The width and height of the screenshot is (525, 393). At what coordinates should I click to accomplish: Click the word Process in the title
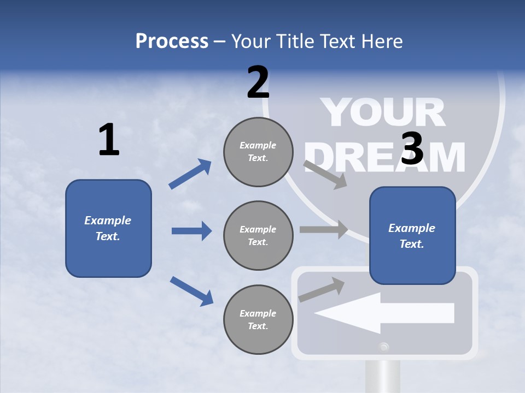(x=172, y=41)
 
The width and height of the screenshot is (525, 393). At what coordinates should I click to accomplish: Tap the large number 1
(x=109, y=140)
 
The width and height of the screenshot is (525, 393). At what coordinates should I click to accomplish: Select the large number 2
(x=258, y=82)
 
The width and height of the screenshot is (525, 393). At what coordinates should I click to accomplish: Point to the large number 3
(x=412, y=148)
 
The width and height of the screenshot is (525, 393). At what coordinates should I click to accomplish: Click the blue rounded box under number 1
(x=108, y=228)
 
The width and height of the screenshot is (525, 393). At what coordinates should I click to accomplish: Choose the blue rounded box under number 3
(x=412, y=235)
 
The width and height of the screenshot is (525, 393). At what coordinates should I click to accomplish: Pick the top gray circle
(x=258, y=152)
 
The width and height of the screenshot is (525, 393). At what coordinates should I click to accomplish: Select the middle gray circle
(x=258, y=236)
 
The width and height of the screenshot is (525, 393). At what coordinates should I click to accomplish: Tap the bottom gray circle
(x=258, y=320)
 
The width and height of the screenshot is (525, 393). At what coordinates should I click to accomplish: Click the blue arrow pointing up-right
(x=190, y=174)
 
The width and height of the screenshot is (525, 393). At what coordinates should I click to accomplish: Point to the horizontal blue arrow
(x=191, y=231)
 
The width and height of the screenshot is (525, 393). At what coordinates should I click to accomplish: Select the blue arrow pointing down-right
(x=191, y=290)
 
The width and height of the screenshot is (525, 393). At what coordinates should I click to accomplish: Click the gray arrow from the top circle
(x=325, y=174)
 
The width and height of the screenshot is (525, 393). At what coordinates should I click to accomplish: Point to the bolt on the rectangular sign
(x=384, y=346)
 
